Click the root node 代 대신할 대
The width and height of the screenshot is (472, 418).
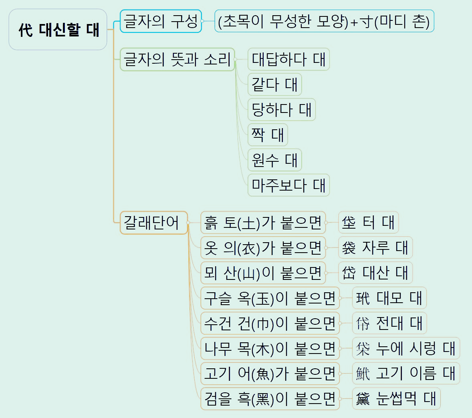tap(58, 30)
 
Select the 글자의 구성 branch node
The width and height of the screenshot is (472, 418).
tap(161, 21)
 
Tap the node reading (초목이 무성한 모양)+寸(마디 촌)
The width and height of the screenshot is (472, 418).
tap(324, 21)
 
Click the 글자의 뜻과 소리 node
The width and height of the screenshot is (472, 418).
tap(177, 60)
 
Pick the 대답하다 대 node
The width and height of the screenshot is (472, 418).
tap(288, 60)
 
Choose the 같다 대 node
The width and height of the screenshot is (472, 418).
tap(274, 85)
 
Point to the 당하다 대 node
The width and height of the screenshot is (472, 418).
tap(281, 110)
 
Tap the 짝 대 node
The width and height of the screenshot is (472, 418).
tap(268, 135)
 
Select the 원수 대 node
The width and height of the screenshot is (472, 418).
tap(274, 160)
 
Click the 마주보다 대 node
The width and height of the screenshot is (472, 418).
tap(288, 185)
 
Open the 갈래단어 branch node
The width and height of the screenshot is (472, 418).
tap(154, 223)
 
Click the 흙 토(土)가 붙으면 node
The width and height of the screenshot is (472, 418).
tap(263, 223)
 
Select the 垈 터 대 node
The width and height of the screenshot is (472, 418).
tap(368, 223)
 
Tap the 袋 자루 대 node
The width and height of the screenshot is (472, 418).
tap(375, 248)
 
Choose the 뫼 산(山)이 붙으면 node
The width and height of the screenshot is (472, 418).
tap(263, 273)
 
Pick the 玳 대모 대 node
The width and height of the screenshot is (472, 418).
tap(389, 298)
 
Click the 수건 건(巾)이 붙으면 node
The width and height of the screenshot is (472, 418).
tap(270, 324)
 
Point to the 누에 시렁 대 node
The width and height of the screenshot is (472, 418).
tap(406, 348)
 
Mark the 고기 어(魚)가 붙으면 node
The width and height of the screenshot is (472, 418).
tap(270, 374)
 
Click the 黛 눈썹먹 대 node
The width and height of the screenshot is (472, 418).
tap(396, 399)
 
